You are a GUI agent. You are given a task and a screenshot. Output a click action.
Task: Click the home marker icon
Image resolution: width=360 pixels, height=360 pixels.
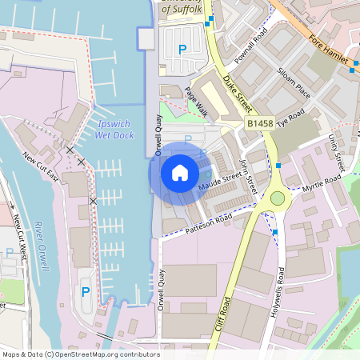click(x=180, y=172)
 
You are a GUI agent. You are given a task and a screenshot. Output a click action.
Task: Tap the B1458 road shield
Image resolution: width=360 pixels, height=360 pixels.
click(x=262, y=124)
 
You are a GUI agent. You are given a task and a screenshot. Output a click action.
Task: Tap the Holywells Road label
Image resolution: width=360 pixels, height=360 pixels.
click(x=280, y=286)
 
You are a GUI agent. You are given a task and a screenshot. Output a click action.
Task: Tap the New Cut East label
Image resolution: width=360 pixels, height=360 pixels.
click(x=41, y=166)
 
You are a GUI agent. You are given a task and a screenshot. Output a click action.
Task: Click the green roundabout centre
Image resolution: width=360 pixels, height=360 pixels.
click(x=278, y=198)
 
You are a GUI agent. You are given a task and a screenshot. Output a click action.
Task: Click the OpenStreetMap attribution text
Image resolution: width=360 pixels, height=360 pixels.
click(x=80, y=354)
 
